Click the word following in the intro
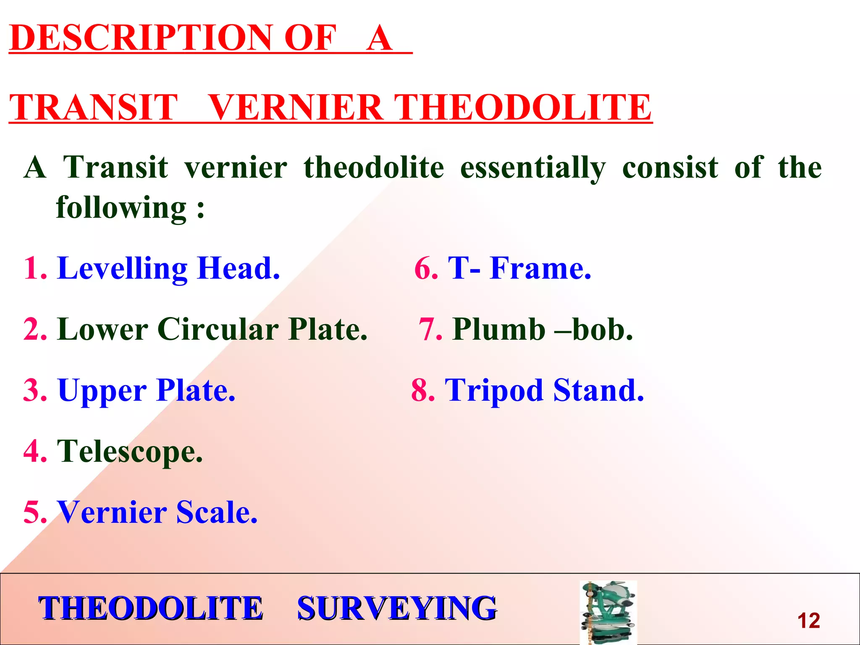[x=121, y=207]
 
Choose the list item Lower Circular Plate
[x=212, y=329]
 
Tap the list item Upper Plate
[x=146, y=391]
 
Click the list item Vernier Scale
[x=157, y=512]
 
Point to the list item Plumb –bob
[x=542, y=329]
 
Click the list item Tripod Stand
[x=544, y=391]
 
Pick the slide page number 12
[x=808, y=621]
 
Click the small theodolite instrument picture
[x=608, y=612]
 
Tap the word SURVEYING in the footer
[x=397, y=608]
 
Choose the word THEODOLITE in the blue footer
[x=150, y=608]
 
